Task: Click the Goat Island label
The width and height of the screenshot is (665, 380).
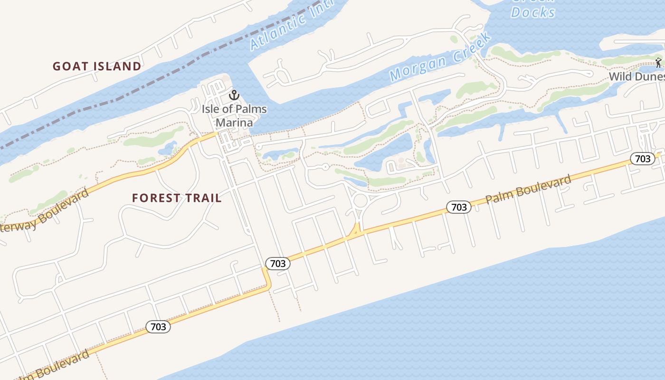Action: click(97, 66)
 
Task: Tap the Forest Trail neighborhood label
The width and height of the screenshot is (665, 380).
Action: click(177, 198)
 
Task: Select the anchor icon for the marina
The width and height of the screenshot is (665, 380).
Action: click(233, 95)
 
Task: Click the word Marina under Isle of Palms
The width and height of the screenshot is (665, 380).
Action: click(234, 123)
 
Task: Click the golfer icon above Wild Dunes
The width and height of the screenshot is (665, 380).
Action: click(658, 62)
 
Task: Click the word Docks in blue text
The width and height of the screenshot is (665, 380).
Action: click(533, 12)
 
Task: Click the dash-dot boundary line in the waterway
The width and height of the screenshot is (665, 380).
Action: click(142, 90)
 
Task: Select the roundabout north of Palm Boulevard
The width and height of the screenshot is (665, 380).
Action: click(360, 201)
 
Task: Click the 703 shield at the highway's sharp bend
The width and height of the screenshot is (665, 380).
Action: click(277, 264)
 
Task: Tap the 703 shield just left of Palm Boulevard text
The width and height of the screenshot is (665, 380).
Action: click(459, 207)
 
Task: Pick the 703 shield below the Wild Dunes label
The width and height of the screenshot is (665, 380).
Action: click(643, 159)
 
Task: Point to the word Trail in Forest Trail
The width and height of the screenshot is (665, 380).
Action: click(202, 198)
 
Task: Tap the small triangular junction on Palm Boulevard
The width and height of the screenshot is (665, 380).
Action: click(354, 230)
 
